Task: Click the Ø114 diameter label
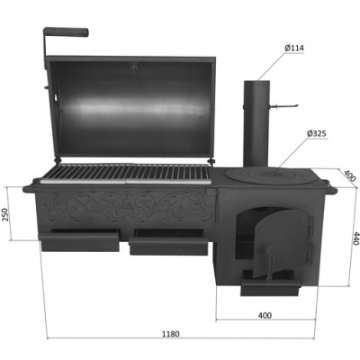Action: pyautogui.click(x=294, y=48)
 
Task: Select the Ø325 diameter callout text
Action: pyautogui.click(x=317, y=133)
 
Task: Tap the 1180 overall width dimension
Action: pyautogui.click(x=171, y=334)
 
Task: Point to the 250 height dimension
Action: pyautogui.click(x=6, y=214)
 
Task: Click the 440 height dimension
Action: pyautogui.click(x=355, y=238)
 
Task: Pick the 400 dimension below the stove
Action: pyautogui.click(x=265, y=315)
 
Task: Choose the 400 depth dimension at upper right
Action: pyautogui.click(x=350, y=175)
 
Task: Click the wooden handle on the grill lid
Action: pyautogui.click(x=66, y=31)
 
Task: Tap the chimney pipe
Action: pyautogui.click(x=256, y=123)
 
